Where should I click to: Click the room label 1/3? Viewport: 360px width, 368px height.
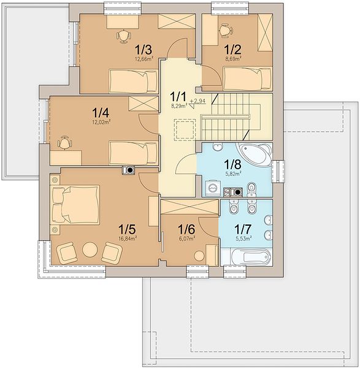coord(144,50)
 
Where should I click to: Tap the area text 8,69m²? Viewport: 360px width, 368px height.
coord(233,59)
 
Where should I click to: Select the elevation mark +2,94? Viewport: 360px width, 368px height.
coord(197,101)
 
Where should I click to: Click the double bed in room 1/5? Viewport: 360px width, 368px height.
coord(75,204)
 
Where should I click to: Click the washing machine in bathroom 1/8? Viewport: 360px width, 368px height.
coord(213,188)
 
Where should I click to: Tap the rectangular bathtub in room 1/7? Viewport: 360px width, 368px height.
coord(251,256)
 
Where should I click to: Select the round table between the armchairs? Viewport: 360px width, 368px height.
coord(90,249)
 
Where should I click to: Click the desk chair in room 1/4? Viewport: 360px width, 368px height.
coord(64,142)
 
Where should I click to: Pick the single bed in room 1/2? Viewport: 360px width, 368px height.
coord(248,79)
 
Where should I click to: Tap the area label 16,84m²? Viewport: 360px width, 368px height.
coord(128,239)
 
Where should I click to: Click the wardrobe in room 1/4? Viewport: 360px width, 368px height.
coord(143,104)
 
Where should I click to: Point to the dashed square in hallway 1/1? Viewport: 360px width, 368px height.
coord(185,130)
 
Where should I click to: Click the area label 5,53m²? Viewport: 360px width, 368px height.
coord(243,239)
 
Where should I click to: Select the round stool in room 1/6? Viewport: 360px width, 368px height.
coord(199,256)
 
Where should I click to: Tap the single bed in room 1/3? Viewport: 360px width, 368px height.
coord(134,81)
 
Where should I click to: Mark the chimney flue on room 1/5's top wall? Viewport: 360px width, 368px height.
coord(128,170)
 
